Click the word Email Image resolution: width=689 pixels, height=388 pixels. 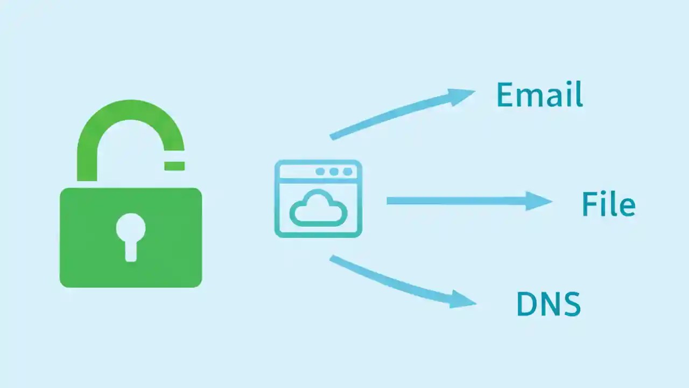(x=539, y=95)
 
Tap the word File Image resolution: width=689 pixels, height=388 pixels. (x=608, y=204)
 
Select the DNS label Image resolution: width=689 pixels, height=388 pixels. (x=548, y=304)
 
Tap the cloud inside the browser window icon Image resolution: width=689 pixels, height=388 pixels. (x=318, y=209)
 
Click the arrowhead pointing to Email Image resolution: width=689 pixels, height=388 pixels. (x=462, y=95)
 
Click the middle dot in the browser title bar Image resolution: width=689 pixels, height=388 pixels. (x=334, y=171)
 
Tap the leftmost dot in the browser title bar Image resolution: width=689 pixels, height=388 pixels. (x=321, y=171)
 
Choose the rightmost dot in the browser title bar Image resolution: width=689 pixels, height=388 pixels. (x=347, y=171)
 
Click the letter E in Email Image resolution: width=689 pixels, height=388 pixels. (x=504, y=95)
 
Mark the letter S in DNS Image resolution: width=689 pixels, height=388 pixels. (x=571, y=304)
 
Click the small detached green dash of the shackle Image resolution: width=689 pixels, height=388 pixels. (x=174, y=165)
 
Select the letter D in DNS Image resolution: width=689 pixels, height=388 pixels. (x=526, y=304)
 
